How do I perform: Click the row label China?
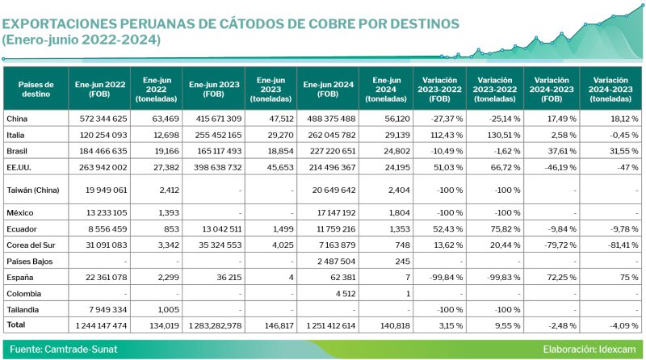[x=17, y=119]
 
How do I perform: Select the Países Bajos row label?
[x=29, y=262]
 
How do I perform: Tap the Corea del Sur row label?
[x=31, y=244]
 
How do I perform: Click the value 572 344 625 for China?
[x=101, y=119]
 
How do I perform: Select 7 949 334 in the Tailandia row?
[x=105, y=309]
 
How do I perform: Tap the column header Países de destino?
[x=36, y=89]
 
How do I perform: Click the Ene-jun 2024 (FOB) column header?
[x=327, y=89]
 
